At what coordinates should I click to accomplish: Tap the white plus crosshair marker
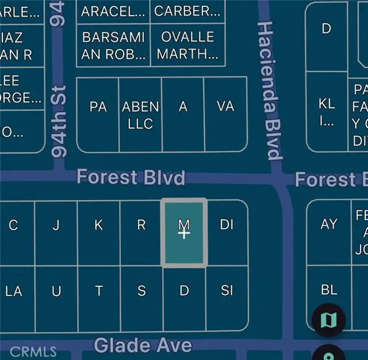point(184,234)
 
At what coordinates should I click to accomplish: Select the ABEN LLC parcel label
point(140,116)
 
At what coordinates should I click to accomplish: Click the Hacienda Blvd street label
point(270,91)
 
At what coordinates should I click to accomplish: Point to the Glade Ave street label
point(143,345)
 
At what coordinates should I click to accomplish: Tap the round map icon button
point(329,320)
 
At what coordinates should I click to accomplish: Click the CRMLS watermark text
point(33,351)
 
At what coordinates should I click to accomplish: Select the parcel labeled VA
point(225,107)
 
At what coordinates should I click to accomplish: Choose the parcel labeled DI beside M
point(227,224)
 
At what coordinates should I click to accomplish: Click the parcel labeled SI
point(227,290)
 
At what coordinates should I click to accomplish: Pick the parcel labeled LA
point(14,291)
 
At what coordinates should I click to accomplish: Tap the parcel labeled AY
point(329,224)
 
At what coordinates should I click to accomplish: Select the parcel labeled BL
point(329,290)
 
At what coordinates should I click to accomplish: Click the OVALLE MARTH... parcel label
point(187,45)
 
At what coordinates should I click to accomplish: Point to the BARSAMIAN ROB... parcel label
point(114,45)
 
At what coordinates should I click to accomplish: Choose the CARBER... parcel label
point(187,11)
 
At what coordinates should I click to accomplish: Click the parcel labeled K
point(99,224)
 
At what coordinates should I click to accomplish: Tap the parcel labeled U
point(56,291)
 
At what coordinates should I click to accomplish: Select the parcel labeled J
point(56,224)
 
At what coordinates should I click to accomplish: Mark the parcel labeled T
point(99,291)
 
